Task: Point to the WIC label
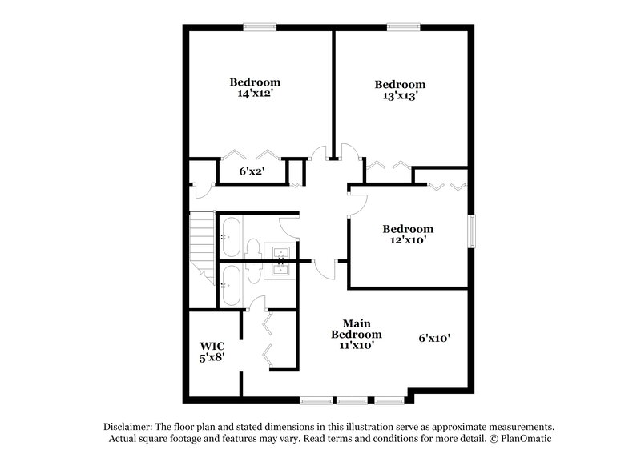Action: (x=212, y=346)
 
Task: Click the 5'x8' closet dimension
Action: (x=212, y=359)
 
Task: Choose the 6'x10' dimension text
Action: (x=433, y=339)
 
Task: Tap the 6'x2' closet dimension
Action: (x=252, y=171)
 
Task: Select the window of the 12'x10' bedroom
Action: (x=472, y=232)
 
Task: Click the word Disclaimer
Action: (x=131, y=427)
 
